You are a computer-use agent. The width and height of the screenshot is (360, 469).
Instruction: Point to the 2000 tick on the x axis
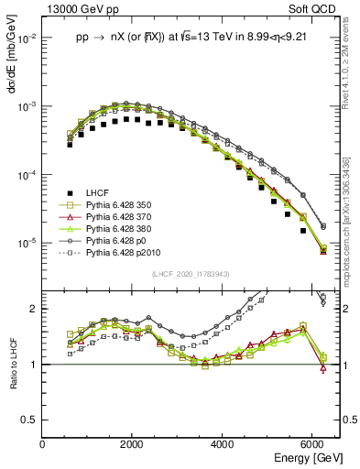pos(133,444)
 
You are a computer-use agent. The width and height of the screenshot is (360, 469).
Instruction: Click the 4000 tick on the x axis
pos(223,444)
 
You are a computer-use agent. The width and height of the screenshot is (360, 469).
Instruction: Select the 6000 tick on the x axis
pos(312,444)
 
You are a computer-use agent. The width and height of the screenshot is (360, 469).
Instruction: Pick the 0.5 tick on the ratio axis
pos(31,420)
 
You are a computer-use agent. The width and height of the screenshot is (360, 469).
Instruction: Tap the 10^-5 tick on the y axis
pos(27,244)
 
